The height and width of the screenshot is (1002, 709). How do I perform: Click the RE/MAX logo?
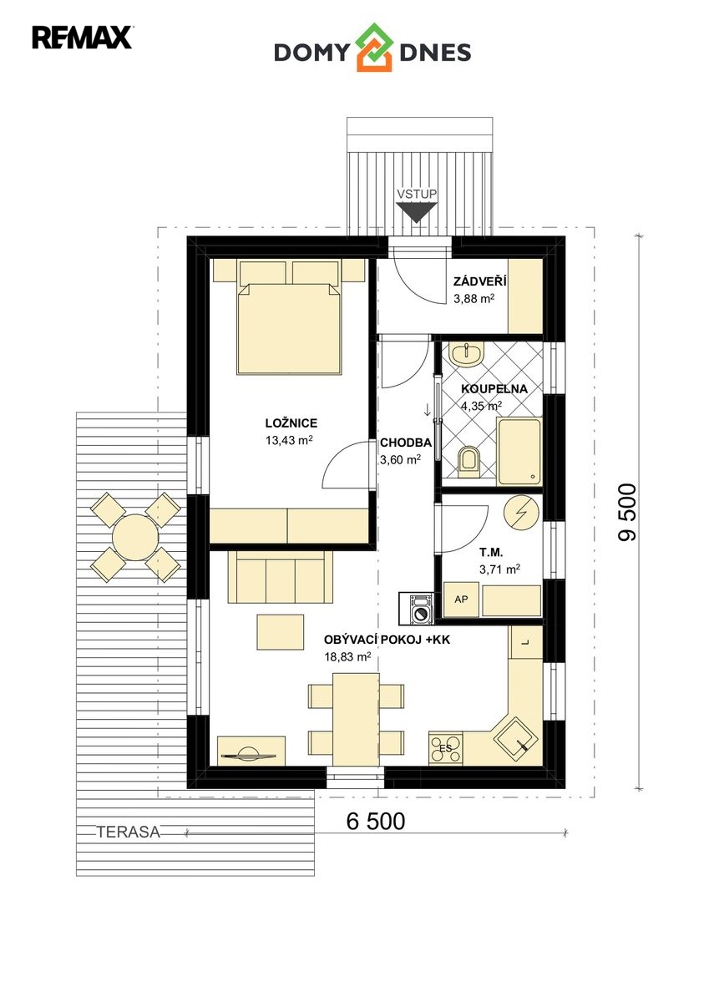82,37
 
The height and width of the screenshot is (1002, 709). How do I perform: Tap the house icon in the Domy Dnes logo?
373,48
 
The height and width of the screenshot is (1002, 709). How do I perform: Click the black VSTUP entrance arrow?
416,212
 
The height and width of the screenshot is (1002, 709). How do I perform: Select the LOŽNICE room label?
291,423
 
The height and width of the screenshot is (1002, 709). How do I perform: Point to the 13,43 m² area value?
289,440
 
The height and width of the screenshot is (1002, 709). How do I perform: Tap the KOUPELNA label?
494,389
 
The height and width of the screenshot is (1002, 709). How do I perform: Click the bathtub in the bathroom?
519,452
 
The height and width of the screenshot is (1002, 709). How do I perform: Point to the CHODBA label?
406,443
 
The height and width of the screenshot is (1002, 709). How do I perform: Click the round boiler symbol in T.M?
520,512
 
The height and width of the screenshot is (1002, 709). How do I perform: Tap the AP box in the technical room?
461,599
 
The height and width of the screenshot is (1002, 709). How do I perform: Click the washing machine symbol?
417,608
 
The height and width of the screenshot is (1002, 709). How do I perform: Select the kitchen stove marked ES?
446,748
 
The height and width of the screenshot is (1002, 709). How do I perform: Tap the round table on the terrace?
135,537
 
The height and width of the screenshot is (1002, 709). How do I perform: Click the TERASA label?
129,832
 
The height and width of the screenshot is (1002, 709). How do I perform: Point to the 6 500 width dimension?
376,821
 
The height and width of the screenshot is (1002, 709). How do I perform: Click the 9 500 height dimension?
626,512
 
